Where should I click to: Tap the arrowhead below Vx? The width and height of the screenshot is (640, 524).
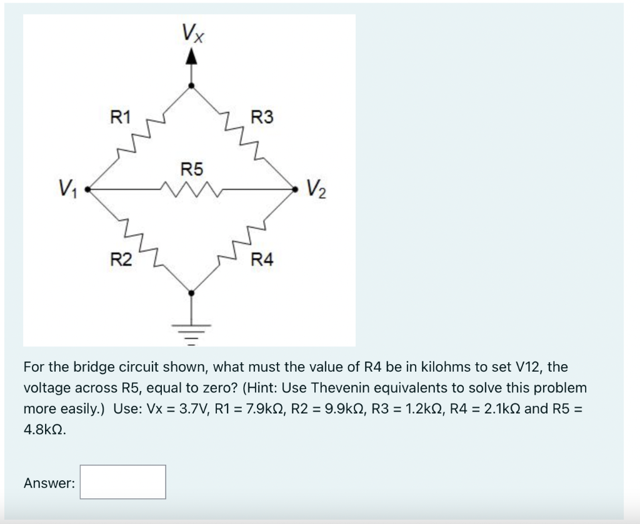[191, 57]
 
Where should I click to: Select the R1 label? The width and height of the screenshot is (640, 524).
[121, 117]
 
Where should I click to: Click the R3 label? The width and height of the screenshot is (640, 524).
[261, 117]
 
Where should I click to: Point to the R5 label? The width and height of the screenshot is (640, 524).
[191, 169]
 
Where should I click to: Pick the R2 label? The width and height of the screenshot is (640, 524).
[121, 259]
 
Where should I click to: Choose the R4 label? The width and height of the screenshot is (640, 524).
[261, 259]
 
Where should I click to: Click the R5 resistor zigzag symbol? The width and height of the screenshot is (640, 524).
[191, 187]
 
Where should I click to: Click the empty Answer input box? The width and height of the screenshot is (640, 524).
[122, 482]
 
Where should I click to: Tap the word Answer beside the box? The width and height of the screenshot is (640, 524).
[49, 483]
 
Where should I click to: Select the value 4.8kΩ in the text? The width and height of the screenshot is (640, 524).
[44, 430]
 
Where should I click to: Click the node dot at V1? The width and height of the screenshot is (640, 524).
[87, 187]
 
